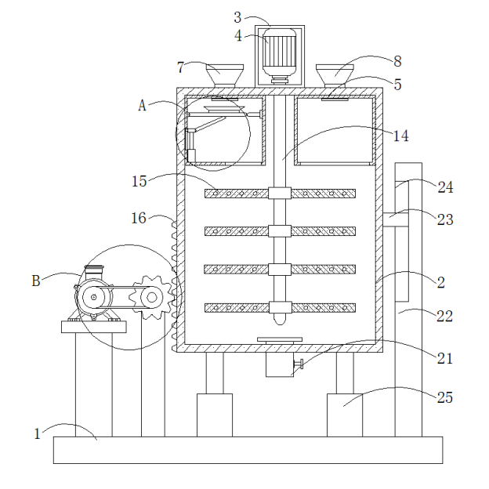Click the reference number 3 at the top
click(238, 16)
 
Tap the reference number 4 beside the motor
click(238, 35)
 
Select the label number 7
click(181, 67)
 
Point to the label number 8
click(397, 60)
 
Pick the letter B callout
click(36, 281)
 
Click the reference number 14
click(400, 136)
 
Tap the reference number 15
click(139, 181)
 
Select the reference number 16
click(139, 218)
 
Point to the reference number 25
click(444, 397)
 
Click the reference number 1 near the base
click(37, 433)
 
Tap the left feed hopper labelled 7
click(224, 76)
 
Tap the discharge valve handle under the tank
click(298, 364)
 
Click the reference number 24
click(445, 187)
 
